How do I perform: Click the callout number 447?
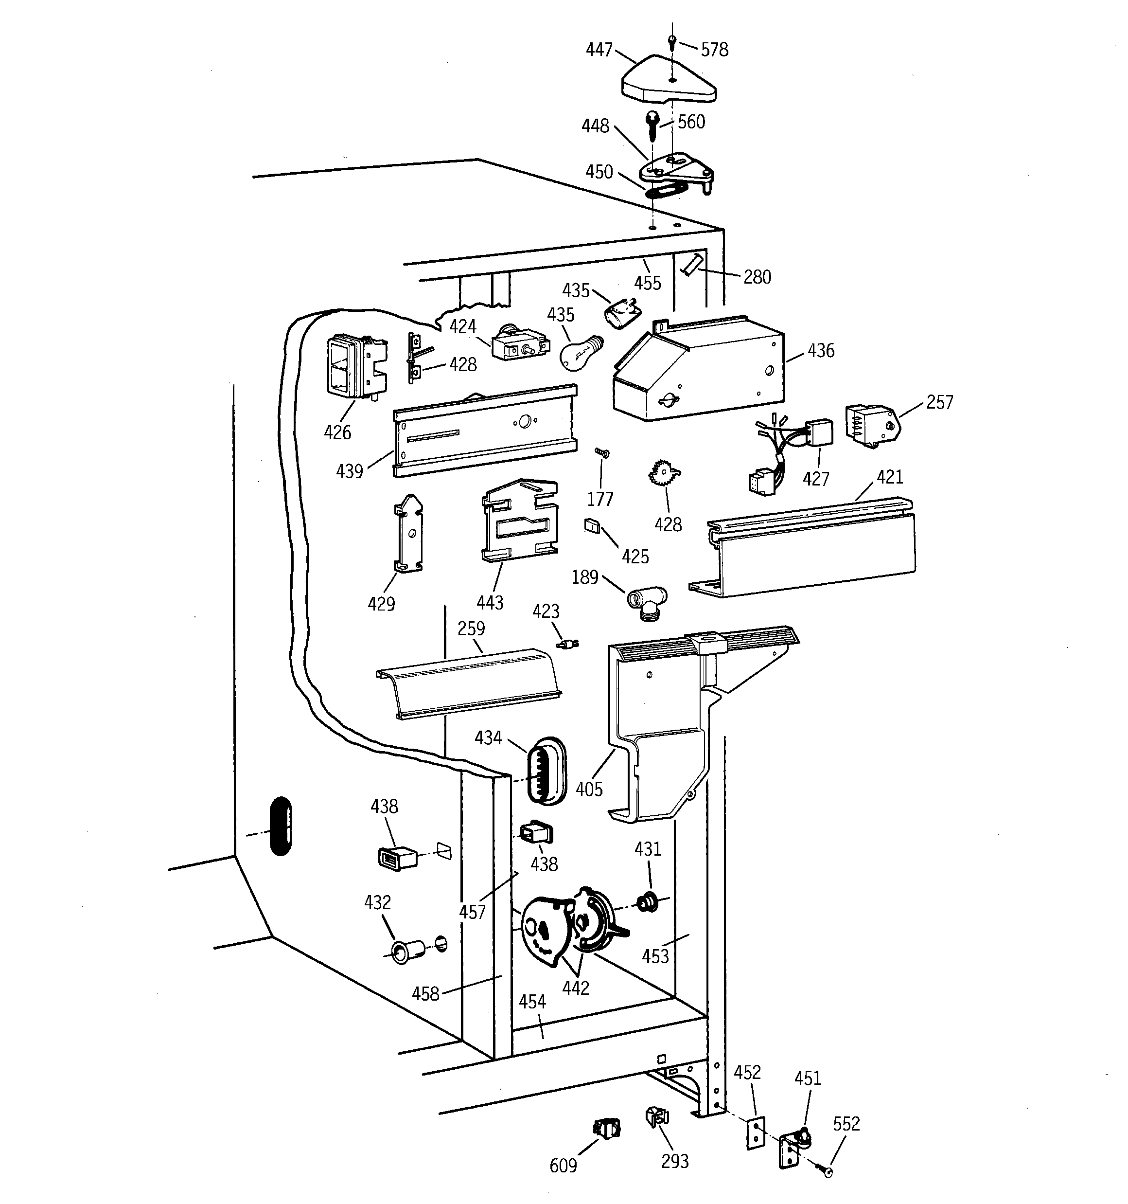pyautogui.click(x=599, y=50)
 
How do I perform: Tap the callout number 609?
pyautogui.click(x=563, y=1165)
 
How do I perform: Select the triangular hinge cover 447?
pyautogui.click(x=669, y=82)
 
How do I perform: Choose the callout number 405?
pyautogui.click(x=589, y=789)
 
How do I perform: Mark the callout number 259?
pyautogui.click(x=471, y=628)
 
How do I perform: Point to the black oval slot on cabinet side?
pyautogui.click(x=281, y=826)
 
